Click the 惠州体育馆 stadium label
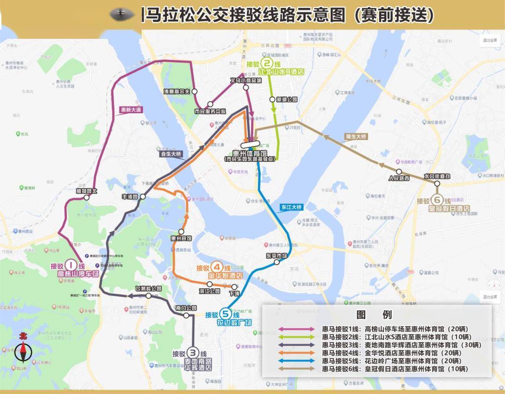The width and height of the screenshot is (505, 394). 250,153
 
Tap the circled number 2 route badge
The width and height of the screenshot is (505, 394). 267,64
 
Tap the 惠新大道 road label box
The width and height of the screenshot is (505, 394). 130,109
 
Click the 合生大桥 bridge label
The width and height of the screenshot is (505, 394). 171,153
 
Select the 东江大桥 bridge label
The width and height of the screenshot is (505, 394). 292,206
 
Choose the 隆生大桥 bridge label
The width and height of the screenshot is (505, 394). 356,137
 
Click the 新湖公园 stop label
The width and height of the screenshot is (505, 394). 287,100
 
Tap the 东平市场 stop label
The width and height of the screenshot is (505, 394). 276,256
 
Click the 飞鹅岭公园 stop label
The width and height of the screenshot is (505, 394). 148,289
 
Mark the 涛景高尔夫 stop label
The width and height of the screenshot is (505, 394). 178,92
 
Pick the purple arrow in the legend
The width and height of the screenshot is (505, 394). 297,329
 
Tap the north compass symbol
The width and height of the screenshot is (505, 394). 22,349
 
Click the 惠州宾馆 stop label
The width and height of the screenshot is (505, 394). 181,238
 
